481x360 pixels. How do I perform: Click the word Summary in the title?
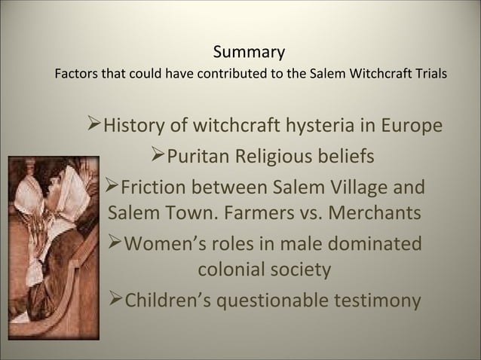[248, 53]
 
